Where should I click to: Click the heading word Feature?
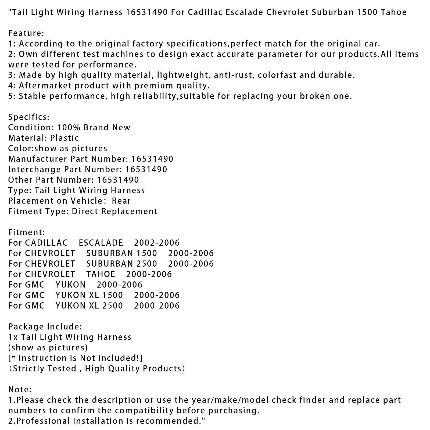[x=26, y=33]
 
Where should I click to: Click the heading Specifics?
[x=29, y=117]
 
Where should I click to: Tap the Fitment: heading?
[x=27, y=232]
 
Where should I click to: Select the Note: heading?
[x=20, y=389]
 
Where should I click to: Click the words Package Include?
[x=45, y=327]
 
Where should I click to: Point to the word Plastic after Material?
[x=64, y=138]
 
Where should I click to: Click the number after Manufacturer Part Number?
[x=152, y=159]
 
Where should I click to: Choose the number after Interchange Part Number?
[x=146, y=170]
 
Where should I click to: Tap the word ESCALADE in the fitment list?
[x=101, y=243]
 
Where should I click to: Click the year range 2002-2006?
[x=157, y=243]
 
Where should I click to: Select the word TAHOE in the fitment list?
[x=101, y=274]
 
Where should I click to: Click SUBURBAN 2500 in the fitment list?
[x=121, y=264]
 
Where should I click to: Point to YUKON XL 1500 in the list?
[x=89, y=295]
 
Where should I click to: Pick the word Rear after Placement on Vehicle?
[x=121, y=201]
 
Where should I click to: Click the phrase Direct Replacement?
[x=115, y=212]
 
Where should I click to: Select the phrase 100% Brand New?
[x=94, y=128]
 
